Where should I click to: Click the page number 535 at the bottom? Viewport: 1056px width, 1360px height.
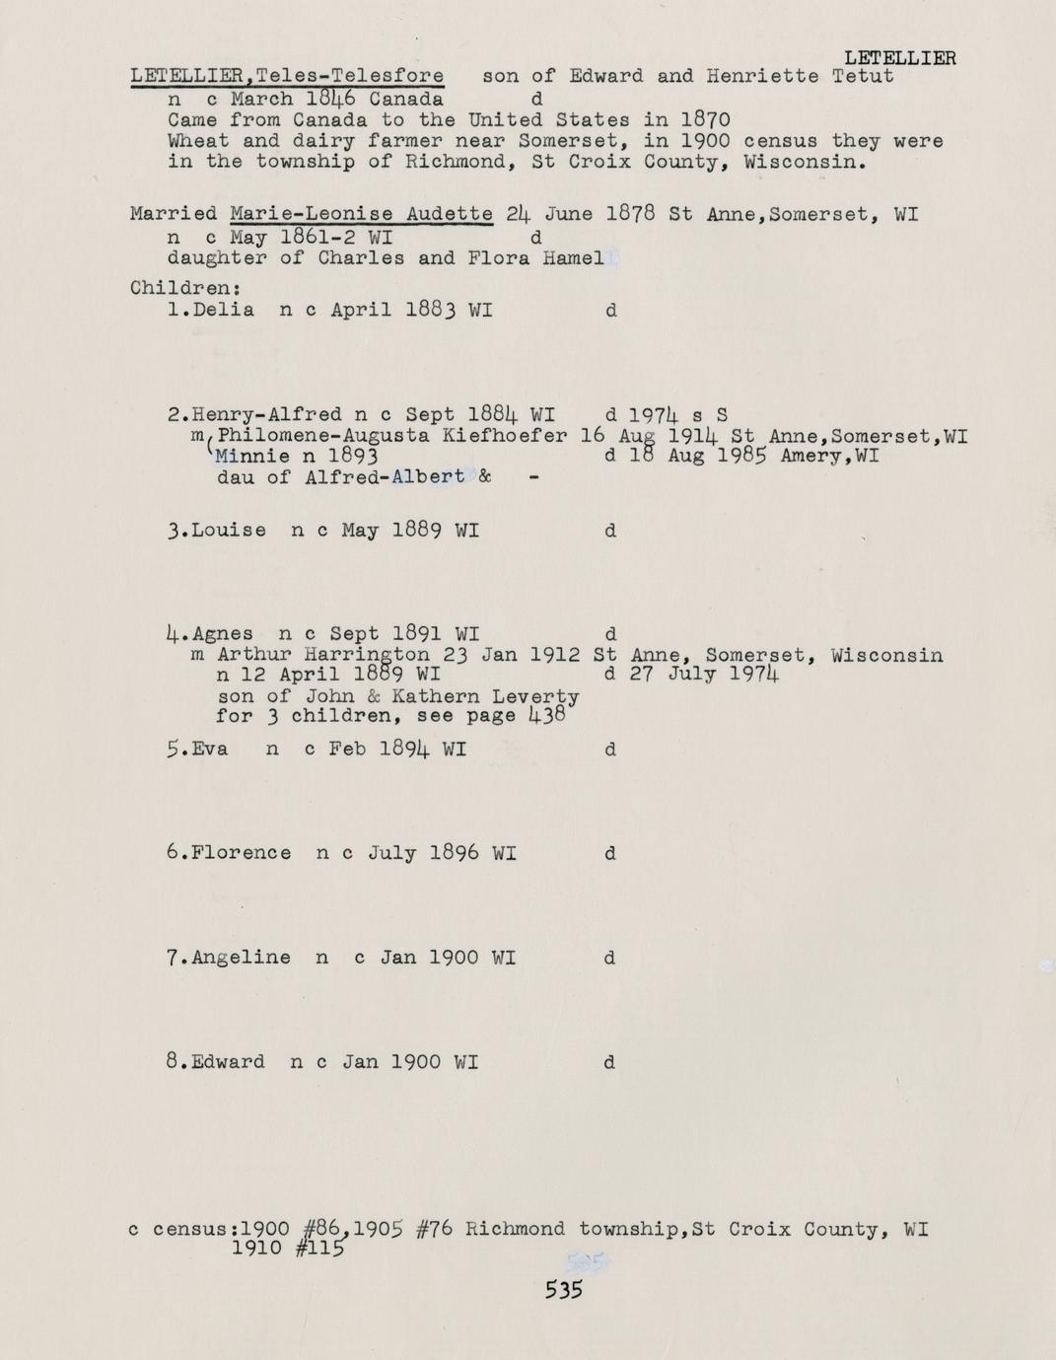[564, 1289]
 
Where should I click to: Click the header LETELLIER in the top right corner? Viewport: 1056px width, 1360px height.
[900, 58]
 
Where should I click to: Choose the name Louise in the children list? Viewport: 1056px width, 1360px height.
[229, 531]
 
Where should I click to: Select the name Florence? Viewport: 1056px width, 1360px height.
[242, 853]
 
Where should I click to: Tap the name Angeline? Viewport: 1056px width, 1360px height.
[242, 958]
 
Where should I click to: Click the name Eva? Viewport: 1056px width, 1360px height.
[210, 749]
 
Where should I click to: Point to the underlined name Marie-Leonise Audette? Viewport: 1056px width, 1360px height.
[361, 214]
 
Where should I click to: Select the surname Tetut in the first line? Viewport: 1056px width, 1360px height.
[863, 76]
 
